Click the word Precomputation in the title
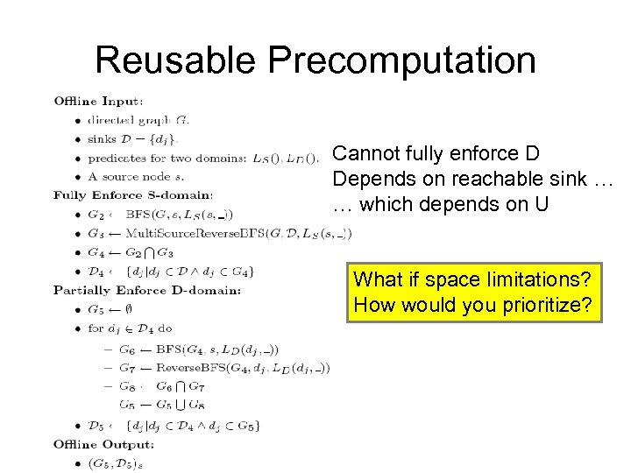tap(402, 60)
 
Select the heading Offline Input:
tap(99, 102)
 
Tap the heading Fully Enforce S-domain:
tap(132, 194)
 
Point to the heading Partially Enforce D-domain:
tap(146, 290)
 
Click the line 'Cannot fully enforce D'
tap(436, 154)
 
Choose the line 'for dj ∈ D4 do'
tap(131, 330)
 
